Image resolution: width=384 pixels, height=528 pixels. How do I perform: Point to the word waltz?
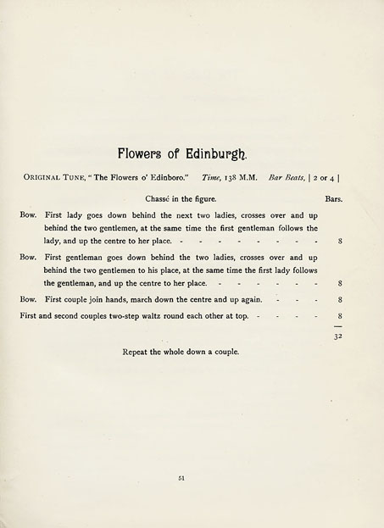(163, 315)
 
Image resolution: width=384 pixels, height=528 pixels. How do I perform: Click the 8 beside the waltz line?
(339, 315)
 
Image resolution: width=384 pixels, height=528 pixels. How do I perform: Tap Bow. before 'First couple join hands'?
(28, 299)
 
